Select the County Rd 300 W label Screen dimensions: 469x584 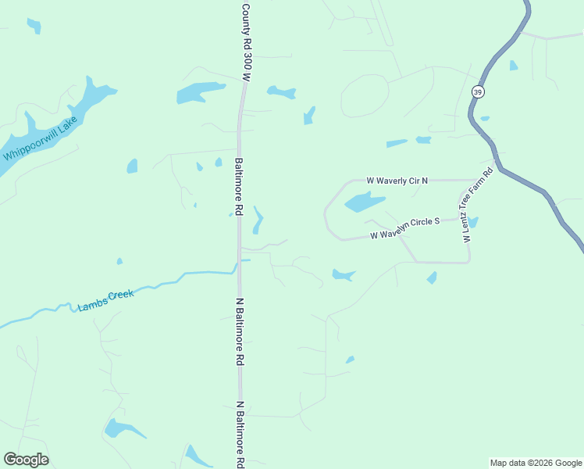(246, 43)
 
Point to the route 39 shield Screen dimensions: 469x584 (478, 91)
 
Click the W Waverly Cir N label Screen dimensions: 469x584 (398, 181)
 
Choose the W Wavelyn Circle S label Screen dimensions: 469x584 (404, 228)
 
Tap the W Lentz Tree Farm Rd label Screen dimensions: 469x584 (477, 205)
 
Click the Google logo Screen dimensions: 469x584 (26, 459)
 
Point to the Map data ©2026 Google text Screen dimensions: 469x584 (536, 463)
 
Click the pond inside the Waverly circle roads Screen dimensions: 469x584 (363, 202)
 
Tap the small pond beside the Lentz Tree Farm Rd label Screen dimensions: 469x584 (473, 223)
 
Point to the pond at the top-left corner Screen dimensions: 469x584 (34, 26)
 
